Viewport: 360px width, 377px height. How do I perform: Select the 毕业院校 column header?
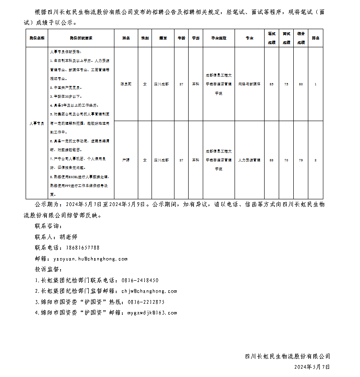tap(219, 38)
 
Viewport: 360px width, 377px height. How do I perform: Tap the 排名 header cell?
tap(315, 38)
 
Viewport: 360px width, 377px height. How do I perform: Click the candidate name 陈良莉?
tap(126, 84)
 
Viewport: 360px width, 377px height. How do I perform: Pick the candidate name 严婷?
tap(126, 160)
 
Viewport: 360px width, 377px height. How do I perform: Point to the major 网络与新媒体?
tap(249, 84)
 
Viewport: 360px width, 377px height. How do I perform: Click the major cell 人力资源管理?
tap(249, 160)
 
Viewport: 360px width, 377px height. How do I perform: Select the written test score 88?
tap(271, 160)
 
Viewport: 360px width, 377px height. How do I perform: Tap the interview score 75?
tap(286, 84)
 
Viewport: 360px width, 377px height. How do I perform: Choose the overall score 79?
tap(301, 160)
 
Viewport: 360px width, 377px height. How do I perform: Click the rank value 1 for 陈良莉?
tap(315, 84)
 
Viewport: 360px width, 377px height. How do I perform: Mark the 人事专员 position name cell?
tap(37, 123)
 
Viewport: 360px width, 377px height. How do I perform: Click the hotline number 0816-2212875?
tap(146, 302)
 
